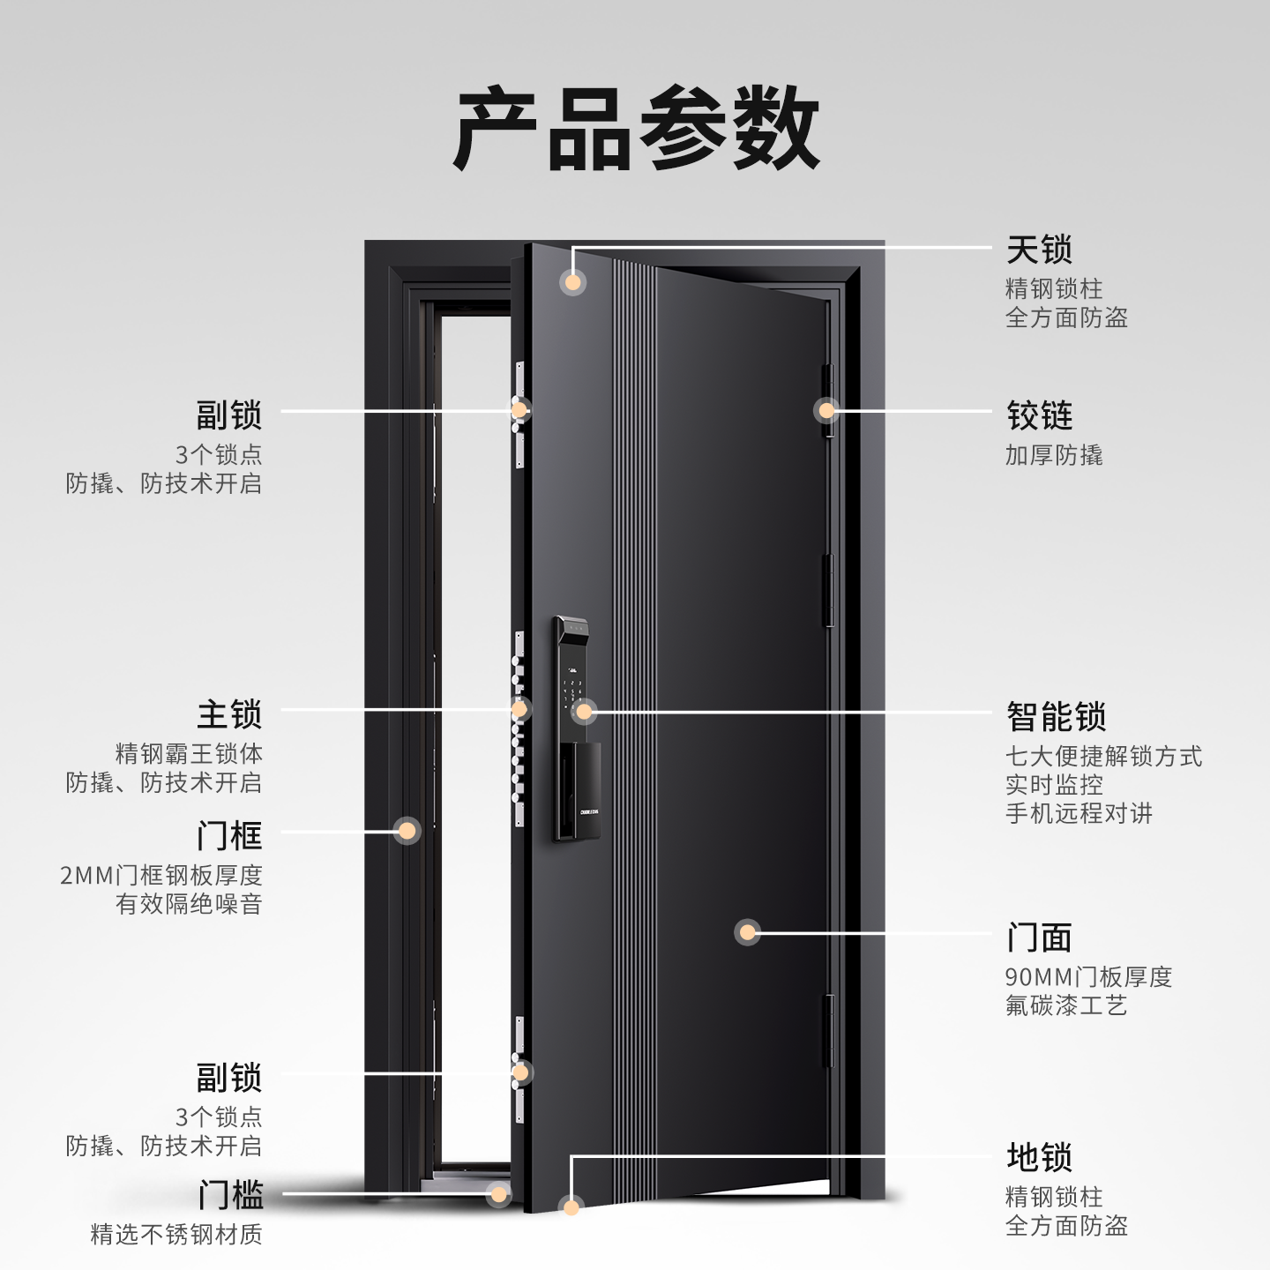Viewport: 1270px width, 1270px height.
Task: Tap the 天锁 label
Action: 1039,250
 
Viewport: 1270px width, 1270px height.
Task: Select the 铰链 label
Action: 1039,415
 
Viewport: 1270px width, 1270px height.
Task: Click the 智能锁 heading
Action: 1056,717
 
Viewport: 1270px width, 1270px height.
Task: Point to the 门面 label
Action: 1039,938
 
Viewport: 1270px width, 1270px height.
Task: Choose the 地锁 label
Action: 1039,1157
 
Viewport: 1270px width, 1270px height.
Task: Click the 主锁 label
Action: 229,714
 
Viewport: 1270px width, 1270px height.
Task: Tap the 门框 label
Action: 229,834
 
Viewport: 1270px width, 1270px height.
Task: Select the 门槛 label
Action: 230,1195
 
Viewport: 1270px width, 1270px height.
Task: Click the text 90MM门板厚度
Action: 1088,977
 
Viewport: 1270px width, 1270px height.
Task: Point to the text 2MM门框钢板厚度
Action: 161,875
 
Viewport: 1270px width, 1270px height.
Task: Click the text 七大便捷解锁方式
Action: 1103,756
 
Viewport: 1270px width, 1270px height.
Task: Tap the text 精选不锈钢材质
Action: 176,1234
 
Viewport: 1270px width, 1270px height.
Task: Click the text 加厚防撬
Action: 1054,455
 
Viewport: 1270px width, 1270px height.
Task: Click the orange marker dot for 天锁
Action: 573,282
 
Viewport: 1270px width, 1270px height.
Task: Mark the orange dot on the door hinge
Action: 826,410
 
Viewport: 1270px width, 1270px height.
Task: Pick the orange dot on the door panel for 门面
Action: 747,932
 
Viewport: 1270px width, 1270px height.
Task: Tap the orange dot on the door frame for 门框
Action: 407,830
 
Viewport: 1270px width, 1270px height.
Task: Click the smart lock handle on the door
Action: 579,789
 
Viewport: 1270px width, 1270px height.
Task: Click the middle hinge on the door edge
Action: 828,590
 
